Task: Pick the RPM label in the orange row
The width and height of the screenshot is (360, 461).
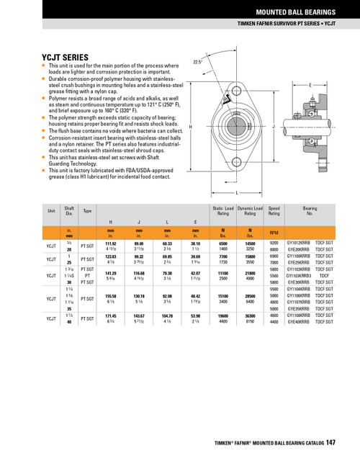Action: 274,233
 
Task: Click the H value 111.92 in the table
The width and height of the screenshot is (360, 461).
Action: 110,244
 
